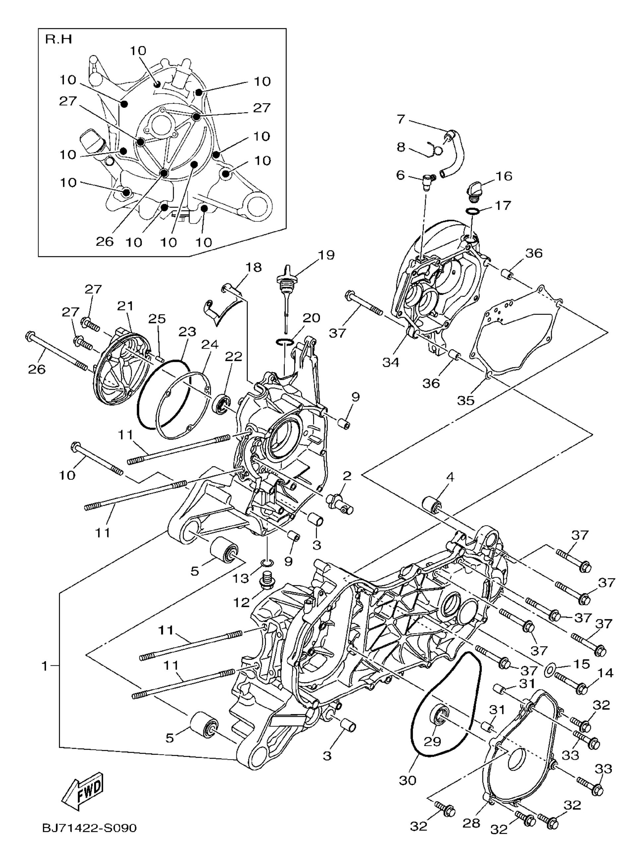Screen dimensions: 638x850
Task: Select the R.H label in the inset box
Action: tap(58, 39)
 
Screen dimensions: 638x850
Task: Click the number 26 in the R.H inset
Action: tap(105, 241)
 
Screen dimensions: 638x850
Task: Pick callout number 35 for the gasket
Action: tap(466, 400)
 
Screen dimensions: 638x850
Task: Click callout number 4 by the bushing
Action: tap(450, 477)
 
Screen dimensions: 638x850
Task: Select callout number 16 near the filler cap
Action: tap(504, 176)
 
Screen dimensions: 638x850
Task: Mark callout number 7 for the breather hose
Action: tap(400, 119)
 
